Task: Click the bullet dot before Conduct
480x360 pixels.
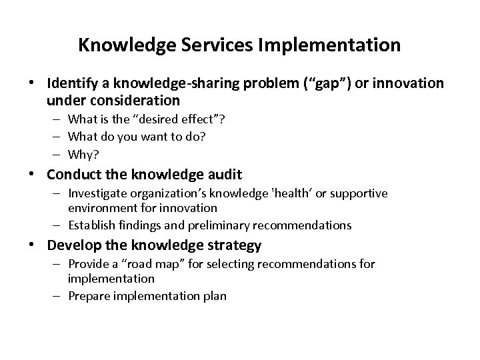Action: tap(37, 175)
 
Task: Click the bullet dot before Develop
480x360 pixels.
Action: tap(37, 246)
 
